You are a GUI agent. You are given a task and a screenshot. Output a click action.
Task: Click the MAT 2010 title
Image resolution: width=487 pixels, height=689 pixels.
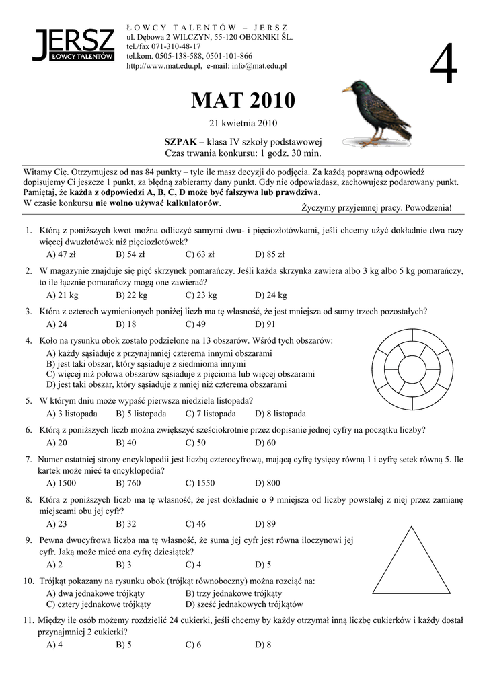click(x=243, y=101)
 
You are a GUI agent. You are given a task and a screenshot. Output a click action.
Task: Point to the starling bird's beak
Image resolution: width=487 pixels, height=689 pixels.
click(x=346, y=89)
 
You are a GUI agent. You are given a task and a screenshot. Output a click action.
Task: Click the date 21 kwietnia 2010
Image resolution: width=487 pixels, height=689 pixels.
click(x=243, y=123)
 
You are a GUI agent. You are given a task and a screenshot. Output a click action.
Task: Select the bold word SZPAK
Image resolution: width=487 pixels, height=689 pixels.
click(x=180, y=142)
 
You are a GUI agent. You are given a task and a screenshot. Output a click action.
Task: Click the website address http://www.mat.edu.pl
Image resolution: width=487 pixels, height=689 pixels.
click(x=164, y=66)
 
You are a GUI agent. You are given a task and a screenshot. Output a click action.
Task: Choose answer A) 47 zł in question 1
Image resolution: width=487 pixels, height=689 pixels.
click(x=61, y=254)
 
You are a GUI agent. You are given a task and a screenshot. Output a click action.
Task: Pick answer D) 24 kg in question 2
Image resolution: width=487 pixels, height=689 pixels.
click(x=271, y=295)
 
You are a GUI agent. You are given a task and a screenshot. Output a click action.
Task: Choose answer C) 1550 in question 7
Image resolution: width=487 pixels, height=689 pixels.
click(x=200, y=483)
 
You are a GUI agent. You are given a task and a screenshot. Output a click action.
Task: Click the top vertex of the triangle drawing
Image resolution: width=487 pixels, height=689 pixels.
click(x=412, y=528)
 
